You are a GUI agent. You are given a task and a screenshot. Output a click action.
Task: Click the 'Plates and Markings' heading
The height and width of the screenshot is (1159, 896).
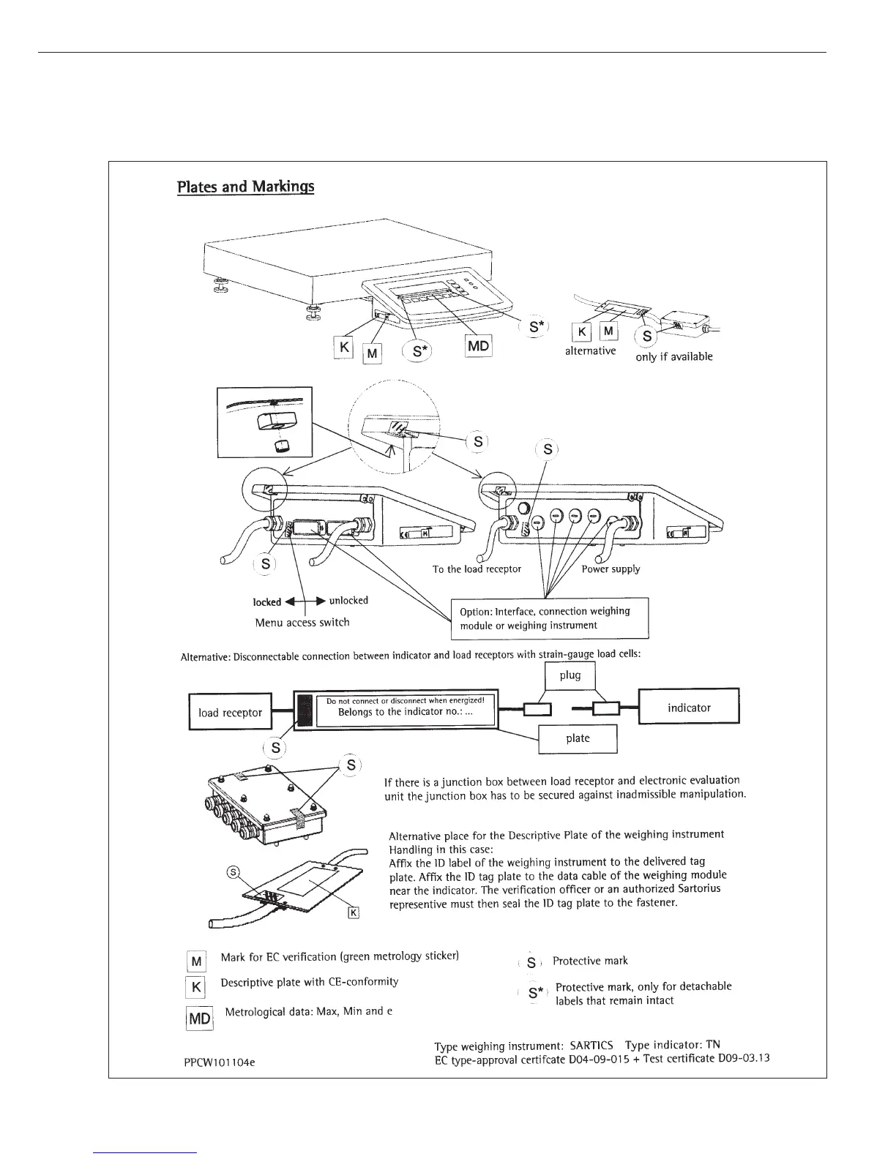245,187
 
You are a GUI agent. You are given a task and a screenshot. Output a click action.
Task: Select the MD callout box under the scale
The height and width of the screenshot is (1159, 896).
478,345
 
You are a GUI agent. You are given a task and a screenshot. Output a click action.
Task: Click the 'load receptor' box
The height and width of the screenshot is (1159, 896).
230,712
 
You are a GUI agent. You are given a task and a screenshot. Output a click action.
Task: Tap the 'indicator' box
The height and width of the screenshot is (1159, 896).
688,707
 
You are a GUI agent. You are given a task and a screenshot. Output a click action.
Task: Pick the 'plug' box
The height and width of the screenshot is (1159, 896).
570,675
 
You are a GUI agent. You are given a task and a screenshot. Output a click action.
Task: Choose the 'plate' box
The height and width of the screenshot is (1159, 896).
578,738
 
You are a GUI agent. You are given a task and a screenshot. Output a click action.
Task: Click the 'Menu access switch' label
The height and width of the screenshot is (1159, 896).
302,623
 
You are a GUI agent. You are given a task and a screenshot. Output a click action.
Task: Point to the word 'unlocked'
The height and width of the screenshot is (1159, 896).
348,601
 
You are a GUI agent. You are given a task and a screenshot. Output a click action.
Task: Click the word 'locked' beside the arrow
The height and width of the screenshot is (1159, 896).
267,602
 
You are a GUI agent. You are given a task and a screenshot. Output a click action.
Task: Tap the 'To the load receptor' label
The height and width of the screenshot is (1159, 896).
477,569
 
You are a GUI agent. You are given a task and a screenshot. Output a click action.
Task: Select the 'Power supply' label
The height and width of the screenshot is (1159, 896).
611,569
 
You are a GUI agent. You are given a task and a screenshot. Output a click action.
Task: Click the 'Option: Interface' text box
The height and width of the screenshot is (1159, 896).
548,618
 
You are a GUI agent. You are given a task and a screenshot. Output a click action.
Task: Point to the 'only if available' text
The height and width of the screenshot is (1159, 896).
674,357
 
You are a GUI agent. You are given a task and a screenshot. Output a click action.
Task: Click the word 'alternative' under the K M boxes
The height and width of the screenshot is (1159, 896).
590,351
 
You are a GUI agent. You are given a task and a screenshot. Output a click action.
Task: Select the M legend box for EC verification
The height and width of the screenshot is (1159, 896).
196,961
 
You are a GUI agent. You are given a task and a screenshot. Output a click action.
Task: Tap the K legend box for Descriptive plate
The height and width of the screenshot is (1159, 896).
196,987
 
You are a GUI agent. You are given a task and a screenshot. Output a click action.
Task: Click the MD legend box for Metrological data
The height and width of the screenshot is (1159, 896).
200,1019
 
